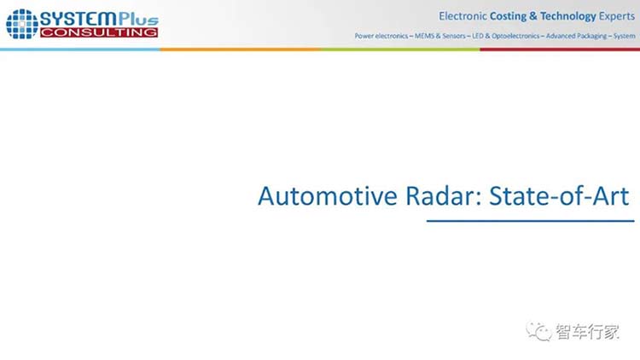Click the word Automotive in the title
click(328, 196)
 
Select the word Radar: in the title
click(444, 196)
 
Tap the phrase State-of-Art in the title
click(559, 196)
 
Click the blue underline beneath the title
click(530, 221)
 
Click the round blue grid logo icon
click(22, 24)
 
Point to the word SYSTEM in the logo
click(79, 19)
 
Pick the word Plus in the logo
click(138, 19)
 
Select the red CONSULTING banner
click(99, 32)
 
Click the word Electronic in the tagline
click(463, 16)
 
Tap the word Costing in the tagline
click(509, 16)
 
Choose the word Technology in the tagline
click(568, 16)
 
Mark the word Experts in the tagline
click(617, 16)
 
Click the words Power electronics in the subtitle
click(381, 36)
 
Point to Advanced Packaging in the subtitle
click(576, 36)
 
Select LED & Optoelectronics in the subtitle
click(506, 36)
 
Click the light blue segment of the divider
click(80, 49)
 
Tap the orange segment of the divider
click(240, 49)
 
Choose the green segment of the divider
click(400, 49)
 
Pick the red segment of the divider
click(560, 49)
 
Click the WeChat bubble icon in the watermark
click(538, 331)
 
